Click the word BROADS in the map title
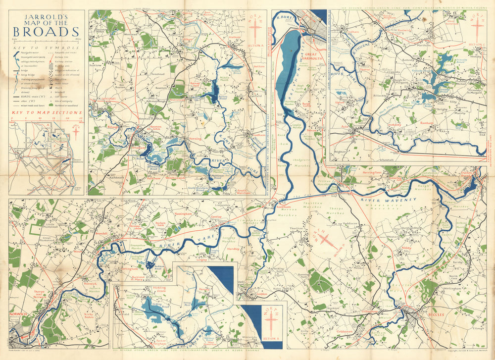click(47, 32)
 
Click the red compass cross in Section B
click(271, 319)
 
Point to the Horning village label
click(196, 140)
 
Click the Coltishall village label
click(107, 99)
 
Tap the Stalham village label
click(236, 37)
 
